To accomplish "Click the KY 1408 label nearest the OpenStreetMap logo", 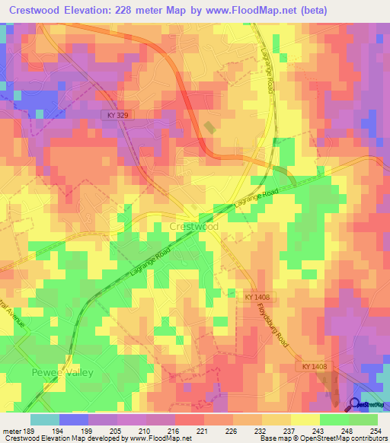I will (312, 367).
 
